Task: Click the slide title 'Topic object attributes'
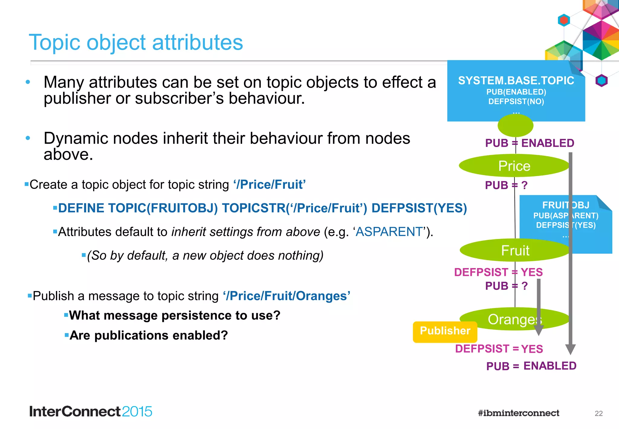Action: point(136,42)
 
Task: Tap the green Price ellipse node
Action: point(514,166)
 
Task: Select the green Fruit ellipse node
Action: point(515,251)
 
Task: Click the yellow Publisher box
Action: point(445,331)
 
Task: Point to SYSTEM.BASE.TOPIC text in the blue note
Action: point(516,80)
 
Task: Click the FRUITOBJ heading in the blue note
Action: point(566,205)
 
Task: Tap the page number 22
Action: point(598,413)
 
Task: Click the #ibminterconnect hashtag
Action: point(518,413)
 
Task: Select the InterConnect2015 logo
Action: point(91,411)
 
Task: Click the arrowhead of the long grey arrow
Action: point(570,349)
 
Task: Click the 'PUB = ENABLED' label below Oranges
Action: point(531,366)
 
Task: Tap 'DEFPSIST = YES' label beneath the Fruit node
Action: point(498,272)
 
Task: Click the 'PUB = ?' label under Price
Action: point(506,185)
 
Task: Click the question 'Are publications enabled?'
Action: point(148,335)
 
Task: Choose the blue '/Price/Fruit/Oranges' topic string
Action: point(287,296)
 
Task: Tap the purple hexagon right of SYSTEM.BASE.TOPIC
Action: point(601,80)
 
